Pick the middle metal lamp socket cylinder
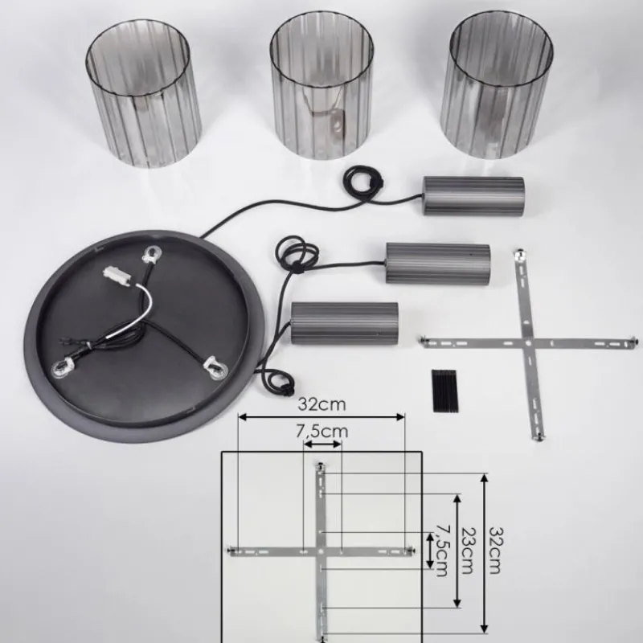pos(437,262)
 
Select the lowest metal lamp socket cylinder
pos(345,325)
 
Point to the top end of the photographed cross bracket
pos(521,256)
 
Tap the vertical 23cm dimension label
pos(467,551)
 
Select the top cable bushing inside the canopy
pos(149,256)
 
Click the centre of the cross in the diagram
pos(321,551)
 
